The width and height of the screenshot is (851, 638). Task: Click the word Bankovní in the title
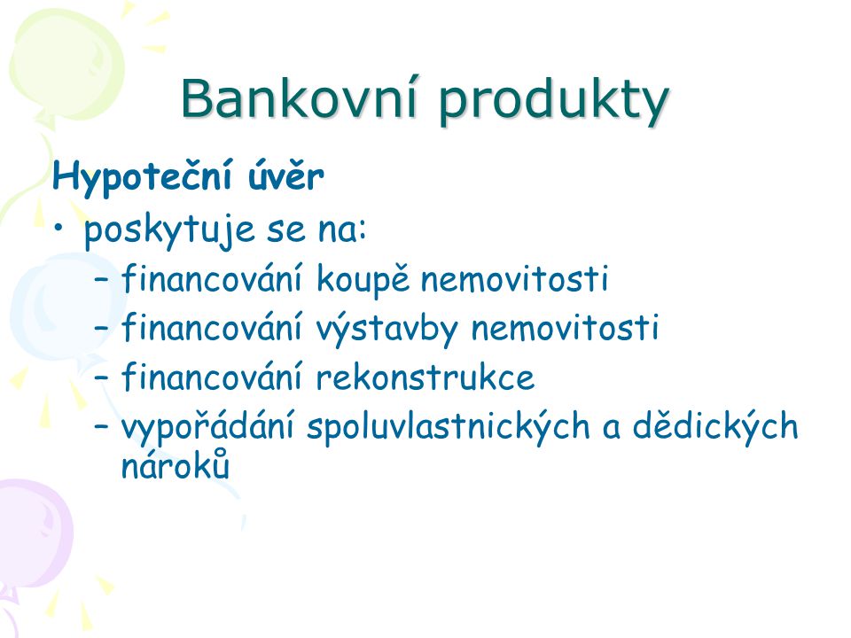(298, 98)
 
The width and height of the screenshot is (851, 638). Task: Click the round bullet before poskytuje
(59, 228)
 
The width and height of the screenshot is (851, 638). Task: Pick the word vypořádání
(207, 426)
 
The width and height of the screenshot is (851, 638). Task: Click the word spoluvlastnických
(448, 426)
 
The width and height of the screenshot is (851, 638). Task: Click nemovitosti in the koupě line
(514, 279)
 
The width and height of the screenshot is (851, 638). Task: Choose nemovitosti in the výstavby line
(565, 328)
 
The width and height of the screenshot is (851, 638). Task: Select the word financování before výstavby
(211, 327)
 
